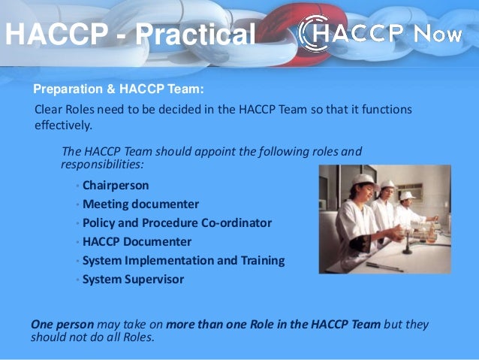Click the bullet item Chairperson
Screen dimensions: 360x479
point(116,185)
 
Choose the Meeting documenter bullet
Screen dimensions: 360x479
point(140,204)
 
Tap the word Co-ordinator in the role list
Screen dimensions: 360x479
point(238,223)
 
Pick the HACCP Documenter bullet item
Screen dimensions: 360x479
point(137,242)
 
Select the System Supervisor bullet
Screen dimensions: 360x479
point(133,280)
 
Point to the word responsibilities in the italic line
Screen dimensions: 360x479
point(101,163)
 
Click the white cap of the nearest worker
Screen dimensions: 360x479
point(363,180)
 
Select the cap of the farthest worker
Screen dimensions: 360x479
point(407,195)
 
